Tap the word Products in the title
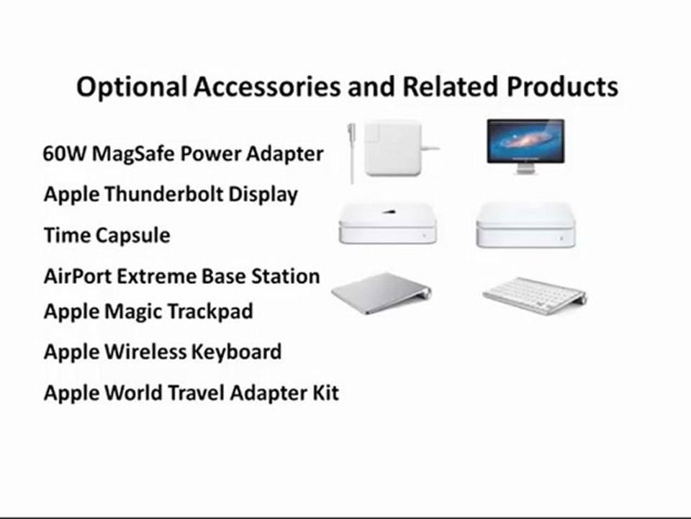(x=561, y=87)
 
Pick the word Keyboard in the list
(x=236, y=352)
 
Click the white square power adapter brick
(x=392, y=148)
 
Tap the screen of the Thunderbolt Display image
(x=525, y=139)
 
